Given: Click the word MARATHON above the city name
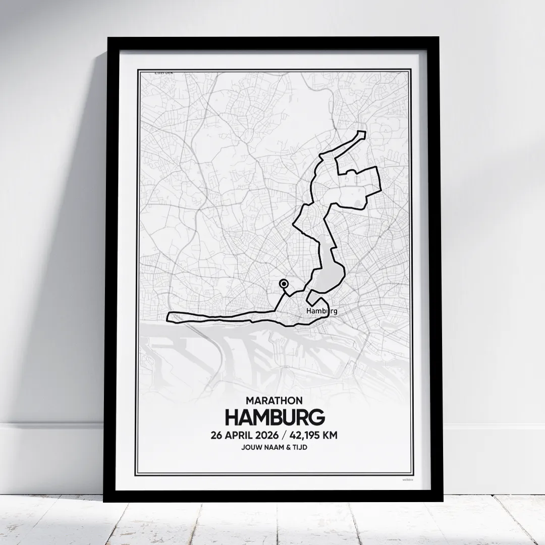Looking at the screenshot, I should tap(275, 401).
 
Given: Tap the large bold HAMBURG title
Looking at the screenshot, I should tap(275, 418).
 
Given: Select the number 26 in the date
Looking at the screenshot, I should tap(218, 435).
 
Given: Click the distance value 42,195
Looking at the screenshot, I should tap(313, 435).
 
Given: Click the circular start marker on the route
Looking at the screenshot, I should tap(284, 285).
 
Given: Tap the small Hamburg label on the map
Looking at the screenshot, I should tap(321, 311).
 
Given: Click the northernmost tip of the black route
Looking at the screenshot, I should tap(361, 132).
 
